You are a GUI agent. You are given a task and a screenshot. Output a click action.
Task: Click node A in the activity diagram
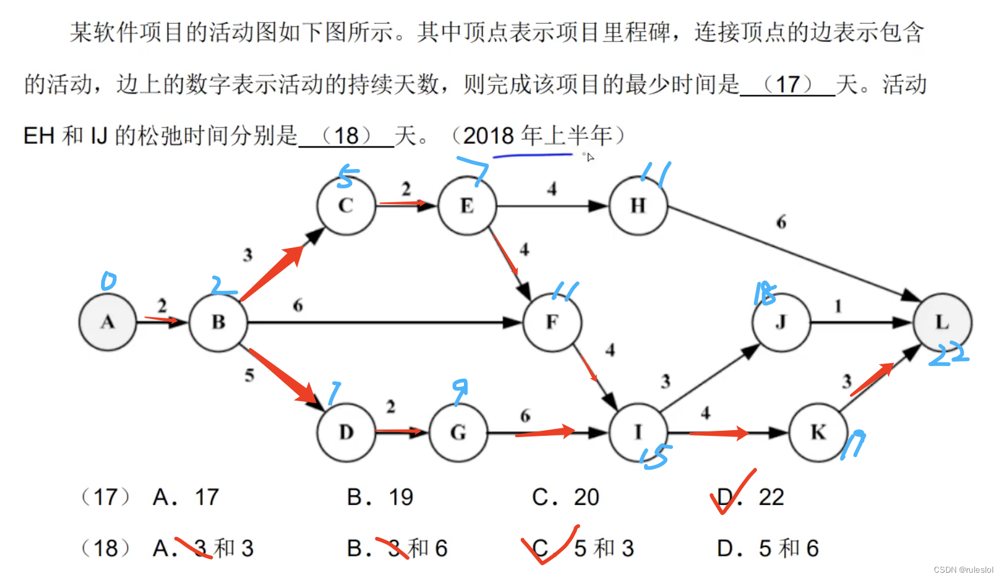(x=107, y=322)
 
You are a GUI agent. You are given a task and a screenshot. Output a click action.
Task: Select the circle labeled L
(x=942, y=322)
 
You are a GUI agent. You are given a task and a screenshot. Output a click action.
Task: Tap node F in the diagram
(x=552, y=322)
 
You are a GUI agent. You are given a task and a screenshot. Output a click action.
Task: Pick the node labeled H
(x=638, y=205)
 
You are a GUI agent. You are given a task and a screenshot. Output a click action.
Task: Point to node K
(x=818, y=432)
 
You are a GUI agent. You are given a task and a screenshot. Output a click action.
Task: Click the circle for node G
(x=458, y=432)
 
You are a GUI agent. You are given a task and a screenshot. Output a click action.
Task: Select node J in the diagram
(x=781, y=322)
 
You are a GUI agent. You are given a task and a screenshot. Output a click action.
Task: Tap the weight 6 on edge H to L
(x=781, y=222)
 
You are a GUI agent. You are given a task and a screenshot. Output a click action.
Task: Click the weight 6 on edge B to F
(x=298, y=305)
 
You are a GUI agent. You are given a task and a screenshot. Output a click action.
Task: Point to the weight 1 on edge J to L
(x=838, y=306)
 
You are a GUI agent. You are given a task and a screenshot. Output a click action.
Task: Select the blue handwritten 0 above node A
(x=109, y=281)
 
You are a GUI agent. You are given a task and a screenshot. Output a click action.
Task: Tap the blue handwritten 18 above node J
(x=764, y=293)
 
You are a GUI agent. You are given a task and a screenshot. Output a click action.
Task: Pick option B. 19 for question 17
(x=380, y=497)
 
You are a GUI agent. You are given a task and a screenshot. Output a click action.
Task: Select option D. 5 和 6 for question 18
(x=768, y=548)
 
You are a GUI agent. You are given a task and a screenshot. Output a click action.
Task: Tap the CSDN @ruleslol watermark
(x=963, y=570)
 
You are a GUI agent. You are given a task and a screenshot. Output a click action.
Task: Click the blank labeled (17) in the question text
(x=788, y=84)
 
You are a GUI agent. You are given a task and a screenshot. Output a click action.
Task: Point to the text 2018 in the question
(x=488, y=136)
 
